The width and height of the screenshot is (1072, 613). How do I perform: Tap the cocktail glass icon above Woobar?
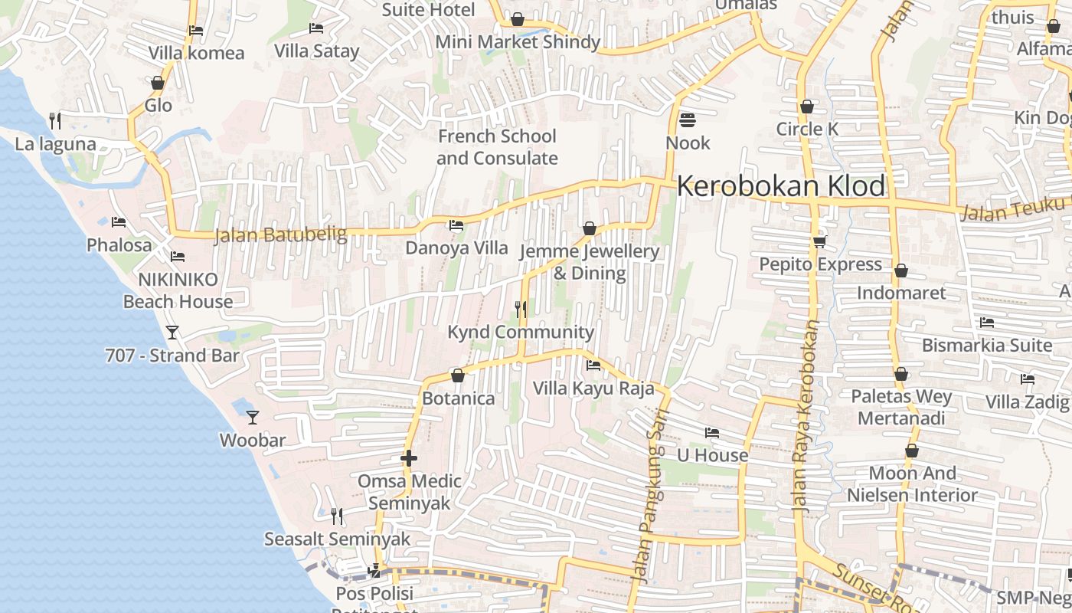coord(253,418)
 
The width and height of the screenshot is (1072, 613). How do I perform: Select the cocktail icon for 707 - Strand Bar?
coord(172,332)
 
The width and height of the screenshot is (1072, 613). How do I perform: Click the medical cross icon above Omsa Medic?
coord(409,458)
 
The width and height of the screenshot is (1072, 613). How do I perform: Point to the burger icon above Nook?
coord(687,120)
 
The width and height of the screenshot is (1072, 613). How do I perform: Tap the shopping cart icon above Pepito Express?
coord(819,241)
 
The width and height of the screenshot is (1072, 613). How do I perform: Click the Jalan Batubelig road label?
coord(280,234)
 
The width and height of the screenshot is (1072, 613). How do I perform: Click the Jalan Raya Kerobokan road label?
coord(806,415)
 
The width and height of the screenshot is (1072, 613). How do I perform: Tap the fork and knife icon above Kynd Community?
coord(521,309)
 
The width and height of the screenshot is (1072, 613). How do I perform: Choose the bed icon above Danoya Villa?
coord(456,225)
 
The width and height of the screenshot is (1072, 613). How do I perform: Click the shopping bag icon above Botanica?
coord(458,375)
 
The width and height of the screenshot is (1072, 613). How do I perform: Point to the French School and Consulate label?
coord(497,147)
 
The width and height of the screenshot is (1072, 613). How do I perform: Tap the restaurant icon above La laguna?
coord(55,120)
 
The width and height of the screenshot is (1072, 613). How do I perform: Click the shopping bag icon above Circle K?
coord(806,107)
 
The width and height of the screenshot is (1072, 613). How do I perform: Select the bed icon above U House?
coord(712,433)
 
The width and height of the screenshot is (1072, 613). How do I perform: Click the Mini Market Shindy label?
coord(518,41)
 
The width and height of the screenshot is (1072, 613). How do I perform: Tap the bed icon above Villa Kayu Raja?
coord(593,366)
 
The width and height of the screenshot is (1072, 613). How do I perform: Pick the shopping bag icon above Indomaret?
coord(901,270)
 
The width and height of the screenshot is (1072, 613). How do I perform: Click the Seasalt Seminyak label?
coord(337,539)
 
